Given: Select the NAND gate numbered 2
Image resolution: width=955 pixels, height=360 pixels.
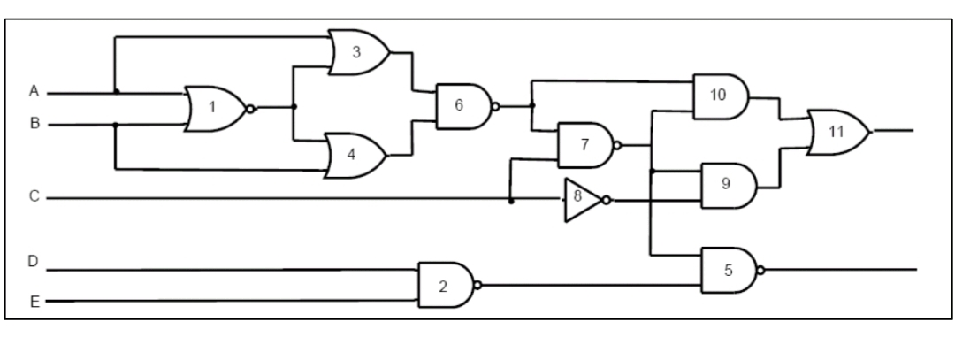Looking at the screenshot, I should [x=445, y=285].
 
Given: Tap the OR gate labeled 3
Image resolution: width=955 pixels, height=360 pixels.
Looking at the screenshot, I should [x=357, y=52].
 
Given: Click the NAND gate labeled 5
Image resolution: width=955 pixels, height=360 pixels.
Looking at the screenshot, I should [x=728, y=270].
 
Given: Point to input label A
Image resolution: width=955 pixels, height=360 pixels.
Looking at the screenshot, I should [x=34, y=91].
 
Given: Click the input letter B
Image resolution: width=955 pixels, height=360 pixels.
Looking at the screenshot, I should [x=34, y=125].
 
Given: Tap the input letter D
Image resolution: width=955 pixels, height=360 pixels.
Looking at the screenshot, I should [x=34, y=263].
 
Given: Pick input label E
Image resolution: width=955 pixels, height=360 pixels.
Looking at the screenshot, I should [x=34, y=302].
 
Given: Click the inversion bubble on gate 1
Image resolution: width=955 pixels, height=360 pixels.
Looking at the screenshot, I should [x=251, y=109].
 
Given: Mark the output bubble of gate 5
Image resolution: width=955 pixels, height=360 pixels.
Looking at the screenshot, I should [x=762, y=269].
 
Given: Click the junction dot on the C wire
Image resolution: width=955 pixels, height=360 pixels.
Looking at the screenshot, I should [x=511, y=200].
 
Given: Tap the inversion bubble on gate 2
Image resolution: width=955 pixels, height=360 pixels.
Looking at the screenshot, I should [x=478, y=285].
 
